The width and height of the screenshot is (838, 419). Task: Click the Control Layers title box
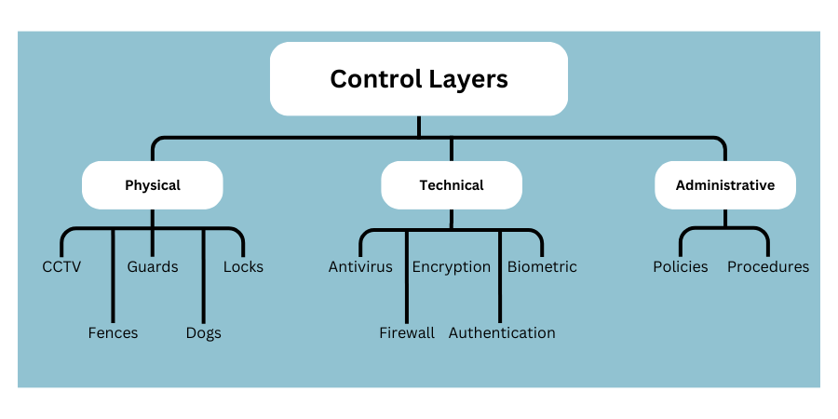pyautogui.click(x=419, y=78)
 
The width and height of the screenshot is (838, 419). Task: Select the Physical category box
pyautogui.click(x=153, y=185)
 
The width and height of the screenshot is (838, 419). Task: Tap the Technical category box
pyautogui.click(x=452, y=185)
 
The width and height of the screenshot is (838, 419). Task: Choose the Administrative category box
pyautogui.click(x=724, y=185)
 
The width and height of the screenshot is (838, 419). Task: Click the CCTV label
pyautogui.click(x=61, y=267)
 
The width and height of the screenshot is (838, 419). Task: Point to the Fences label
pyautogui.click(x=113, y=333)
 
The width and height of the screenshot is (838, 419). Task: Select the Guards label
pyautogui.click(x=153, y=267)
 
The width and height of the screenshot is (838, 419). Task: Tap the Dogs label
pyautogui.click(x=203, y=333)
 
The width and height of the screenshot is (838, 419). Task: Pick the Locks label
pyautogui.click(x=243, y=267)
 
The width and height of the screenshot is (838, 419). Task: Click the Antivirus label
pyautogui.click(x=360, y=267)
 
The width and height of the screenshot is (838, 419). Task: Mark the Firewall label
pyautogui.click(x=407, y=333)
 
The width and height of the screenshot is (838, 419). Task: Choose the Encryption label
pyautogui.click(x=452, y=267)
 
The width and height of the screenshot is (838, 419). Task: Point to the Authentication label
pyautogui.click(x=502, y=333)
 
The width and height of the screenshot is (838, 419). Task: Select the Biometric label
pyautogui.click(x=542, y=267)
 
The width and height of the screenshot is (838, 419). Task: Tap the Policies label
pyautogui.click(x=681, y=267)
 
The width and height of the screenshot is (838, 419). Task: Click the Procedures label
pyautogui.click(x=768, y=267)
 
